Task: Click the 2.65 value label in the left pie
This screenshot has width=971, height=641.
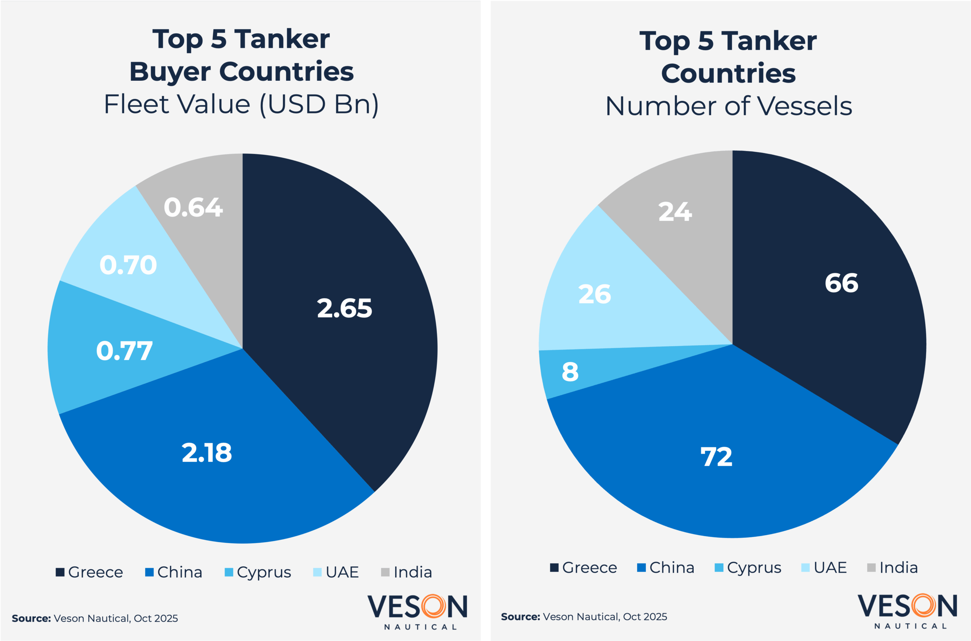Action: point(344,308)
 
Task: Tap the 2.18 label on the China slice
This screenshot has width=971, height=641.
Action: point(206,453)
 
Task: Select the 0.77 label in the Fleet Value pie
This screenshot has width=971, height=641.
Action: point(124,351)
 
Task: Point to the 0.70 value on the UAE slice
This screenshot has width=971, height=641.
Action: point(128,265)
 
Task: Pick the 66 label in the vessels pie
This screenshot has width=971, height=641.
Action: point(841,283)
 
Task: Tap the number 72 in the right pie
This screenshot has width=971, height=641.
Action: point(716,457)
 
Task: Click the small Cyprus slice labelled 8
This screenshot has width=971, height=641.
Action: point(570,372)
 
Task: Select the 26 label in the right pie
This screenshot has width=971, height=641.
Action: point(594,294)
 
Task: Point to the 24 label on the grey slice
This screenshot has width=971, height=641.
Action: point(675,212)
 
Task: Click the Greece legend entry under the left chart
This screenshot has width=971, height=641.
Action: point(90,572)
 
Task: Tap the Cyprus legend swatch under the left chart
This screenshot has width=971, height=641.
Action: point(229,572)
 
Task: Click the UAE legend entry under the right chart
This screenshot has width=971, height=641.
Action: point(824,567)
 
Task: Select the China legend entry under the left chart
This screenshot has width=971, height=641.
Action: point(174,572)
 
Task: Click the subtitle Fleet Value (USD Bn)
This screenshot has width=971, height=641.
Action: point(241,104)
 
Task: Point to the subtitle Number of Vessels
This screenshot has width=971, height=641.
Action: point(729,106)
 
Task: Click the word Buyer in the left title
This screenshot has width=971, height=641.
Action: point(170,72)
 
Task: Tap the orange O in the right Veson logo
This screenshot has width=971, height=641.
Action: point(923,606)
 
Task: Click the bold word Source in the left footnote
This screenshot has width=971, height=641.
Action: point(31,619)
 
